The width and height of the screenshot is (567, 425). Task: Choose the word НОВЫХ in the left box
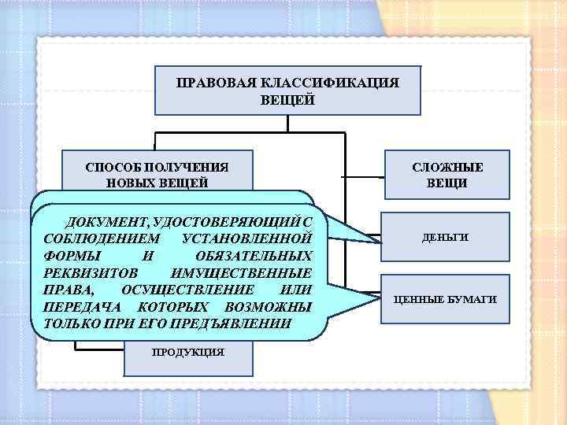click(x=128, y=183)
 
